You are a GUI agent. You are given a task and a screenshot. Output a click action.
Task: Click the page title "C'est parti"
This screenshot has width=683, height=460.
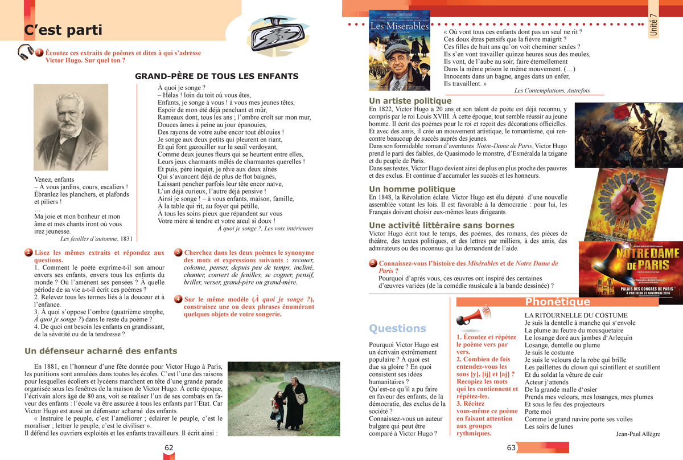click(x=63, y=30)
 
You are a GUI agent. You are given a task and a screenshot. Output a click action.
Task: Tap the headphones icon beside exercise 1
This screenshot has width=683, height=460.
click(x=26, y=52)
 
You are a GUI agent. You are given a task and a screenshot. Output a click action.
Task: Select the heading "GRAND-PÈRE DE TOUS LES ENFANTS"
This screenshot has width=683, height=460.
click(x=216, y=76)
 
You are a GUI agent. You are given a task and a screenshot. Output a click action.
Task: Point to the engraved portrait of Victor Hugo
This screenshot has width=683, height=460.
click(x=71, y=127)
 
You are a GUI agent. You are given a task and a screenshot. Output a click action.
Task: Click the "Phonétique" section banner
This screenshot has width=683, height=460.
click(x=558, y=302)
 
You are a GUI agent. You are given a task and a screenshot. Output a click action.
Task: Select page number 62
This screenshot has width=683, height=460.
click(x=169, y=447)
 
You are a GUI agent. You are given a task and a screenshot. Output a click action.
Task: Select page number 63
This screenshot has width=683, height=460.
click(x=511, y=447)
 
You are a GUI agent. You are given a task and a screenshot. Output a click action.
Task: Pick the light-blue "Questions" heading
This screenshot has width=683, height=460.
click(x=397, y=328)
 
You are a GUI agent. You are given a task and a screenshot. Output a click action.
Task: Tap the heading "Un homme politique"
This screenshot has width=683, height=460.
click(x=412, y=189)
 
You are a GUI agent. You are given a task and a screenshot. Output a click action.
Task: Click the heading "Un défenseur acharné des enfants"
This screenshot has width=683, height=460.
click(x=100, y=351)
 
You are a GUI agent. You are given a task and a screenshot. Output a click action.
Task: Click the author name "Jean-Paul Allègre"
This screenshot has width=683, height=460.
click(x=637, y=434)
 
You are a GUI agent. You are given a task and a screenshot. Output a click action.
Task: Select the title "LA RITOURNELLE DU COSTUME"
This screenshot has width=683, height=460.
click(x=568, y=315)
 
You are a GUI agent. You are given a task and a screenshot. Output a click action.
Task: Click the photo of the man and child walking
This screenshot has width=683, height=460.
click(x=283, y=399)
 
